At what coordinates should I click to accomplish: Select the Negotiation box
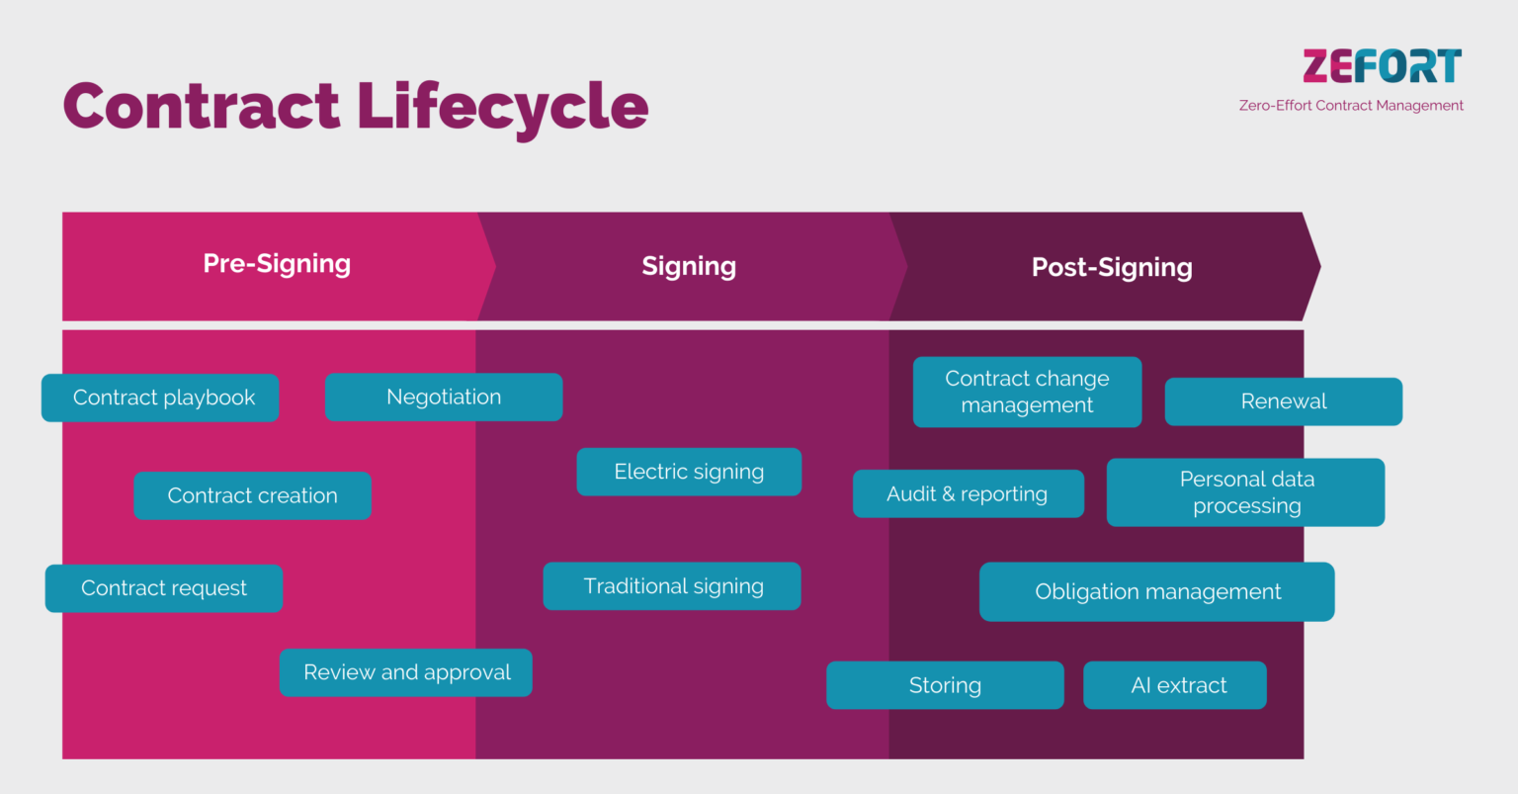444,397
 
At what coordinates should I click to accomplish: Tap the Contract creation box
252,495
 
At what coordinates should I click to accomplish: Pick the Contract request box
164,588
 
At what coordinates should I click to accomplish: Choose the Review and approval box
406,672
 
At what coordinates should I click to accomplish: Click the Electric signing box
689,472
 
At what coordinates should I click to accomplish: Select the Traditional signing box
672,586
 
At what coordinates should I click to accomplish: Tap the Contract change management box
1027,392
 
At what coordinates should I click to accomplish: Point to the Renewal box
1283,401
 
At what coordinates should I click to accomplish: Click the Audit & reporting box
968,493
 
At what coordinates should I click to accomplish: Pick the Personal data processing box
1245,492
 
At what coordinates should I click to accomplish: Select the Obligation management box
1156,591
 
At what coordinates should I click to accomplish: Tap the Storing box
945,685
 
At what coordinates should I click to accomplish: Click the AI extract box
1175,685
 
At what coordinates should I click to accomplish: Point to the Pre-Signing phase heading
277,264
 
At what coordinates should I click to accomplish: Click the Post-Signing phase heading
1112,267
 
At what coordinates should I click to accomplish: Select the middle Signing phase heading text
689,266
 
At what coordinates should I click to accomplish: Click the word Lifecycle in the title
502,107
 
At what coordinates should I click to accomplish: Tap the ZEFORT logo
1381,66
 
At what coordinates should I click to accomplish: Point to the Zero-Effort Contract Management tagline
1351,106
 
